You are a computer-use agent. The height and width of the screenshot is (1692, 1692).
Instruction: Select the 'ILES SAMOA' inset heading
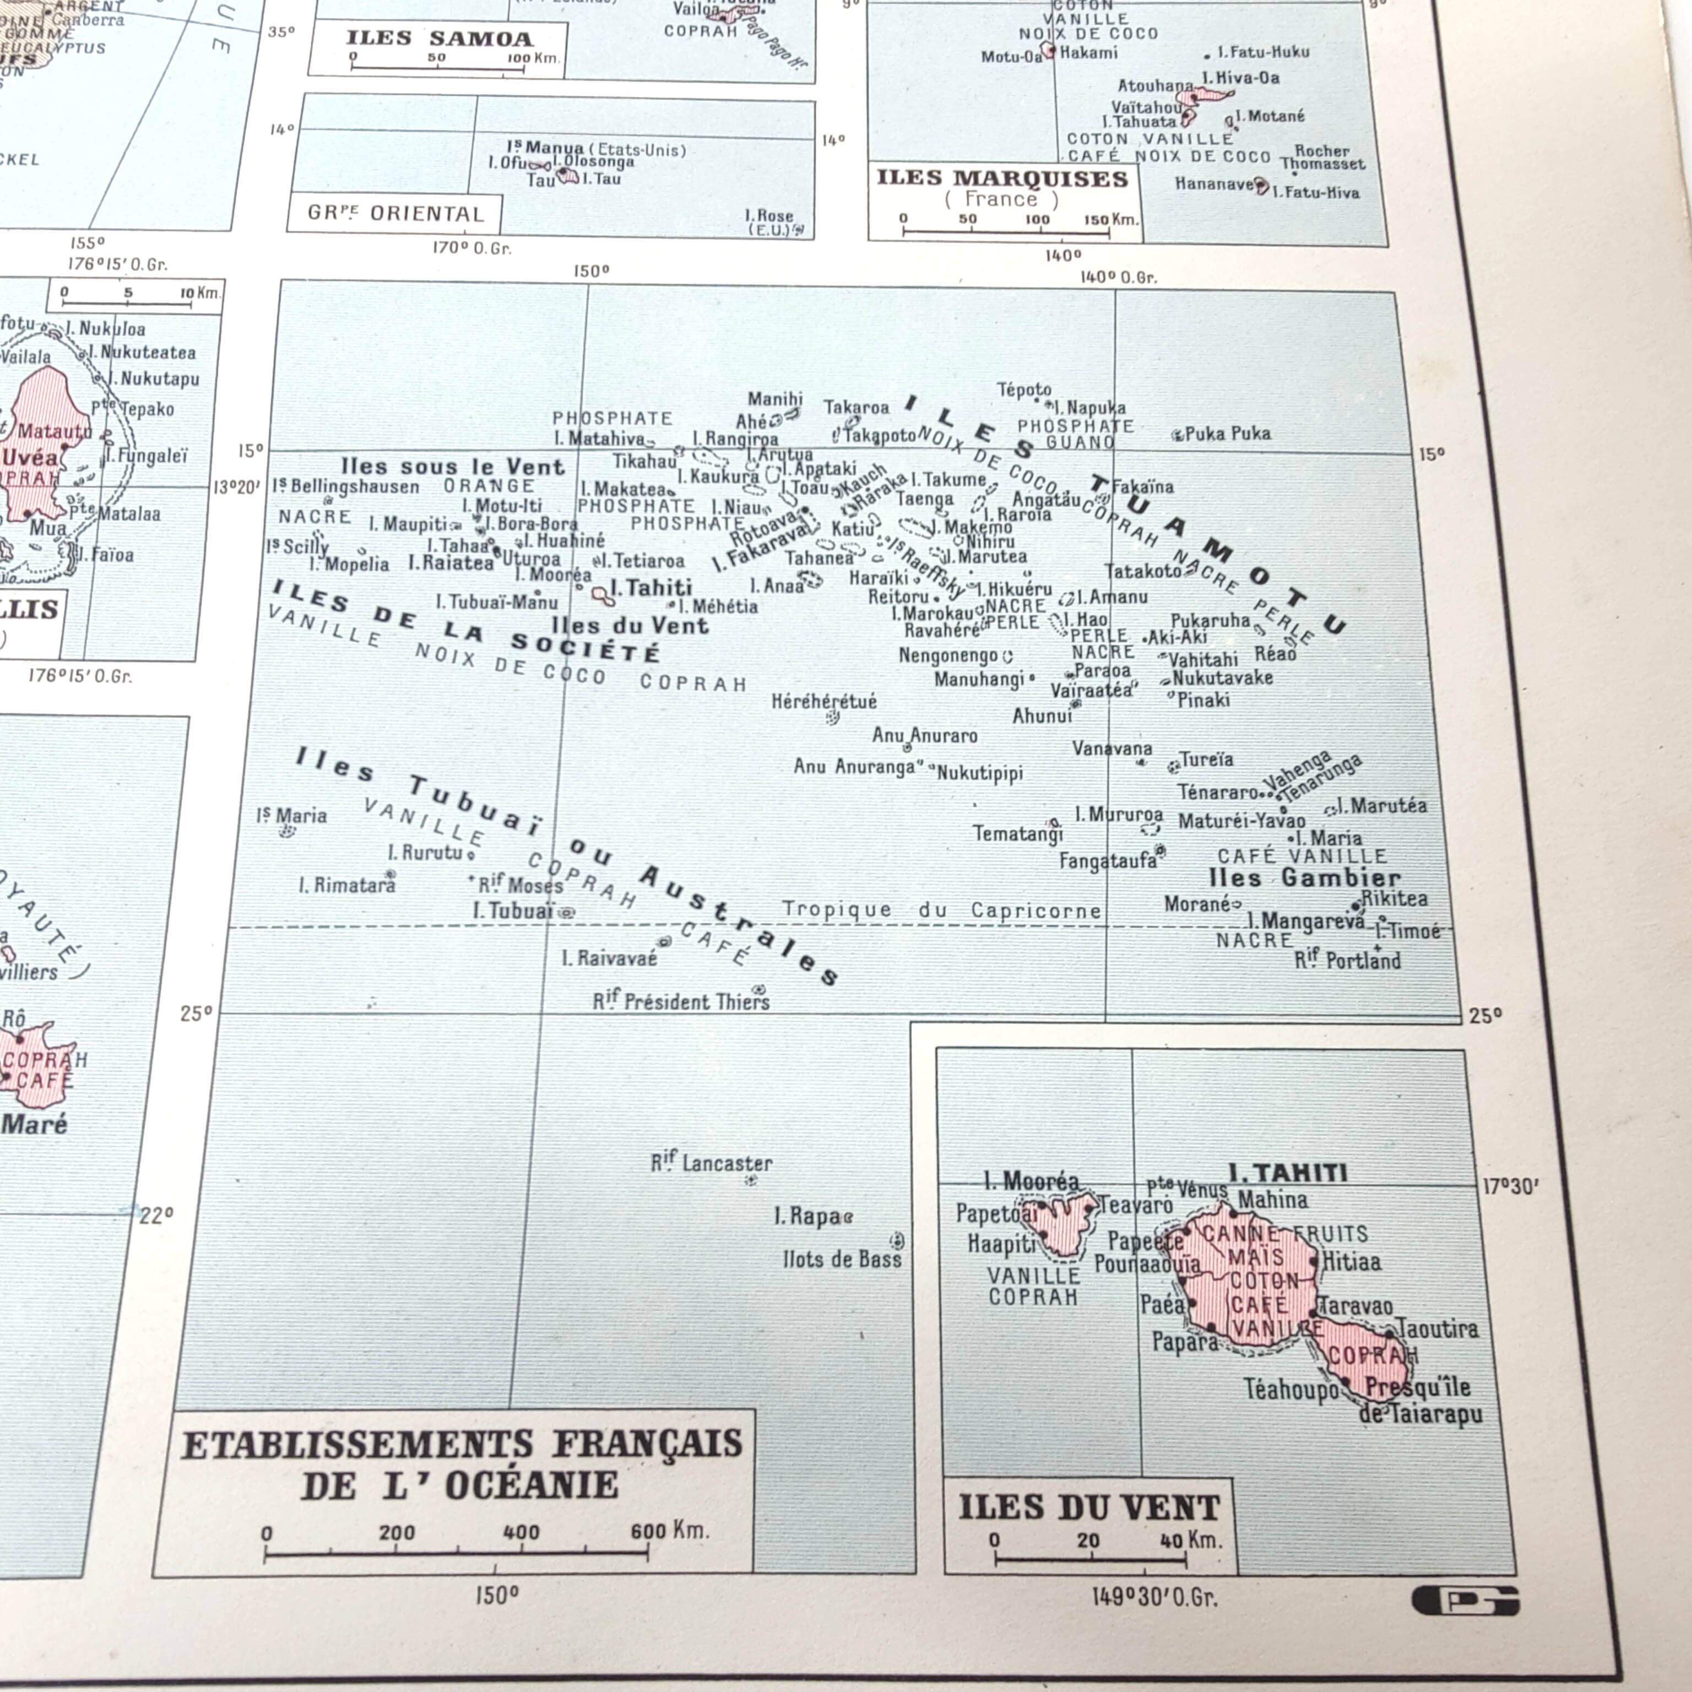click(439, 39)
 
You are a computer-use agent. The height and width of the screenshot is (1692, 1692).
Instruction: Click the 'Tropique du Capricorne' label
click(941, 910)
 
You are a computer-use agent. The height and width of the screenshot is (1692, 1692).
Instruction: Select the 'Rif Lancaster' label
click(711, 1163)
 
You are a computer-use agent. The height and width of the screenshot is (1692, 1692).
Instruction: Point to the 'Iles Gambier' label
click(1304, 877)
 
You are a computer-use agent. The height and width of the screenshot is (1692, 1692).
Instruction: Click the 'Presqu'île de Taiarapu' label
click(1422, 1400)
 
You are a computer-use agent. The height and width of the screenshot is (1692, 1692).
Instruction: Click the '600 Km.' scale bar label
click(669, 1531)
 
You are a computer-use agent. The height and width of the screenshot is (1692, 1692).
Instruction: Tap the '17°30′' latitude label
click(1510, 1187)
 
